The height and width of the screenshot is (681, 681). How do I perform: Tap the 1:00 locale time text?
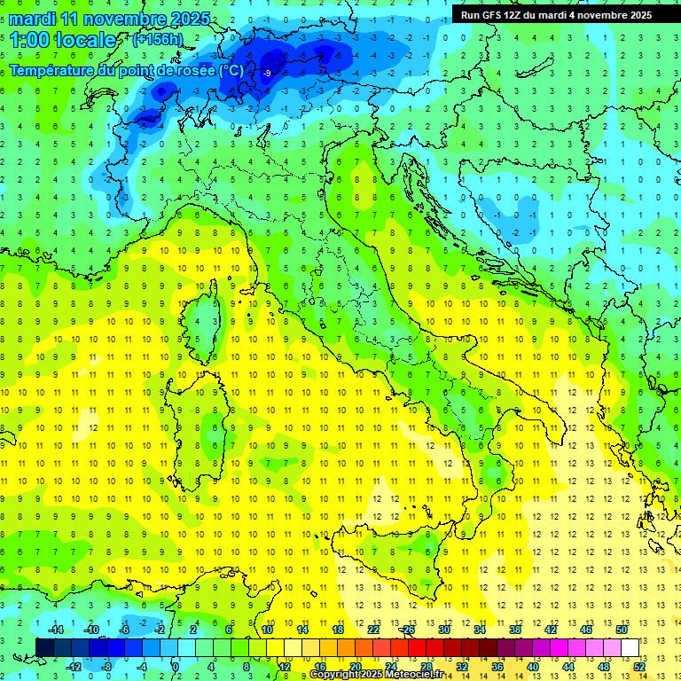pos(63,41)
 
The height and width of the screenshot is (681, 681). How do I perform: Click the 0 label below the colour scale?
pos(176,666)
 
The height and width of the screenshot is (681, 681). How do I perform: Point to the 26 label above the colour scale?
pos(408,630)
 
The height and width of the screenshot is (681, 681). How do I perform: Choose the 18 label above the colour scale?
pos(337,630)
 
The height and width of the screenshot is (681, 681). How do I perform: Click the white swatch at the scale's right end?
pos(630,647)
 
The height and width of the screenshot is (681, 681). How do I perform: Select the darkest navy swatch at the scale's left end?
pos(44,647)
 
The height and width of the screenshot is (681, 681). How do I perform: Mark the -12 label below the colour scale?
pos(74,666)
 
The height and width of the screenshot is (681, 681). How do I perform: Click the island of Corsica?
pos(206,324)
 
